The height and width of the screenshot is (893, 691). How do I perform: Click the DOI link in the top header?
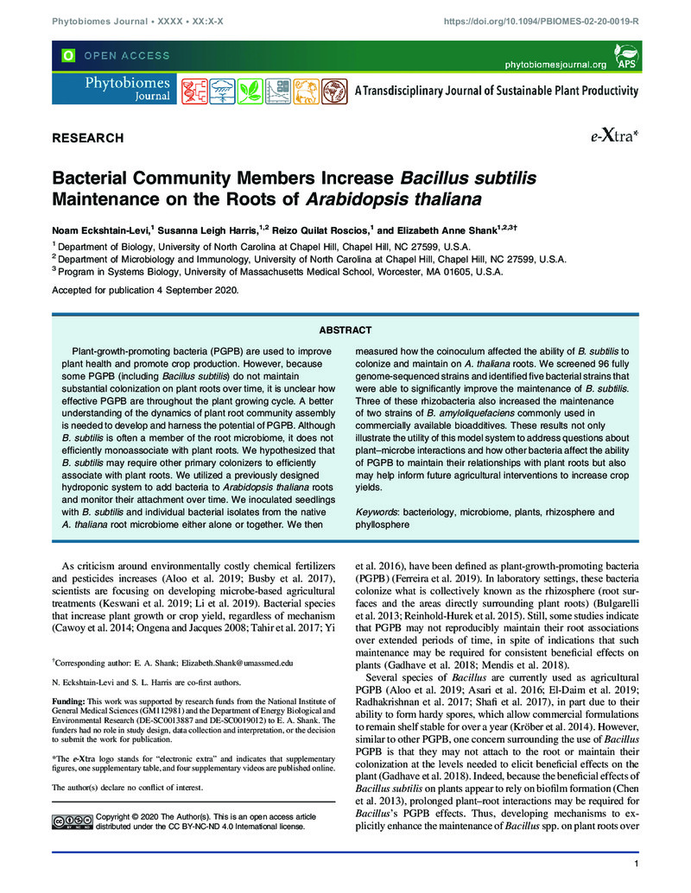coord(541,20)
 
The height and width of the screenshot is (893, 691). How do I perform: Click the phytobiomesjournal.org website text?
coord(555,64)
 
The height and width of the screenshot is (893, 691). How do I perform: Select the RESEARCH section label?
coord(88,138)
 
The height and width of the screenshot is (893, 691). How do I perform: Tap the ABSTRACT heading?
coord(345,330)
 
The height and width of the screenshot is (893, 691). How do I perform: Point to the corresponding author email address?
coord(233,663)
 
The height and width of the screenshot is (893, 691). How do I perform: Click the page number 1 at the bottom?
coord(635,865)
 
